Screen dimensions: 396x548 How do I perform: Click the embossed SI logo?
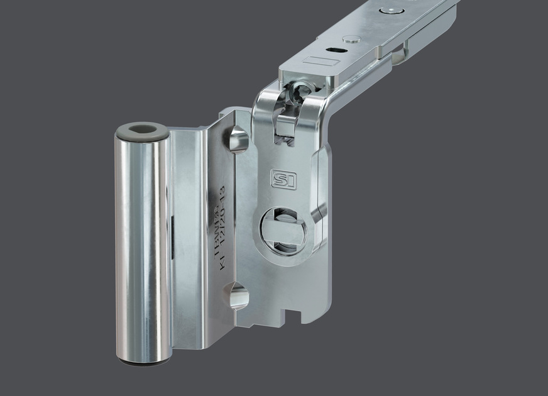[283, 179]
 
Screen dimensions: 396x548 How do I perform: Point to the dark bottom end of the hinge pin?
[143, 362]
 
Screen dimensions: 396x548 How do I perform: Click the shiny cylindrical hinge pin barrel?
[142, 245]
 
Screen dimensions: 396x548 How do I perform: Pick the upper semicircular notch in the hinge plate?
[238, 139]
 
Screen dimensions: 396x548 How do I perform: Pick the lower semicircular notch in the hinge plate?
[238, 295]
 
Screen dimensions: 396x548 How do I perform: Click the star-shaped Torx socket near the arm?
[295, 95]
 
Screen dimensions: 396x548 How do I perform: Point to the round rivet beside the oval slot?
[351, 39]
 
